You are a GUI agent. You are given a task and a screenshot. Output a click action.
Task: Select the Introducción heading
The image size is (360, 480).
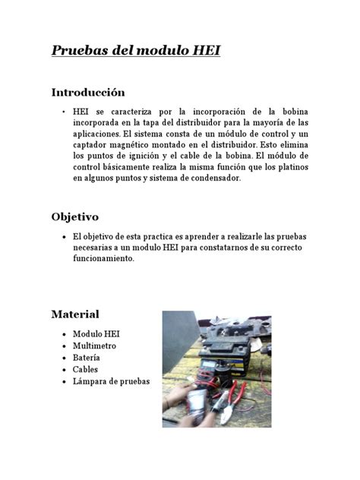point(87,93)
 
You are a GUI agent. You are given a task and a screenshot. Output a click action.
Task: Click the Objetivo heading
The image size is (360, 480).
point(74,216)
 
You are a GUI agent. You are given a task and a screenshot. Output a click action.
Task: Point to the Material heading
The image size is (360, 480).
point(74,314)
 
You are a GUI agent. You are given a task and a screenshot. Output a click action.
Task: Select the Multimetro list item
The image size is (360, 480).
point(98,346)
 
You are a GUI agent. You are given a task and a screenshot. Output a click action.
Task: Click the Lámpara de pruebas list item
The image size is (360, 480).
point(111,381)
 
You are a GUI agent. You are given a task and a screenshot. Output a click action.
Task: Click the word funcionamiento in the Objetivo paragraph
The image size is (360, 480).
point(103,258)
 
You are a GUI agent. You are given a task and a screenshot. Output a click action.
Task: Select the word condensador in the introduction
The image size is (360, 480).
point(213,178)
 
